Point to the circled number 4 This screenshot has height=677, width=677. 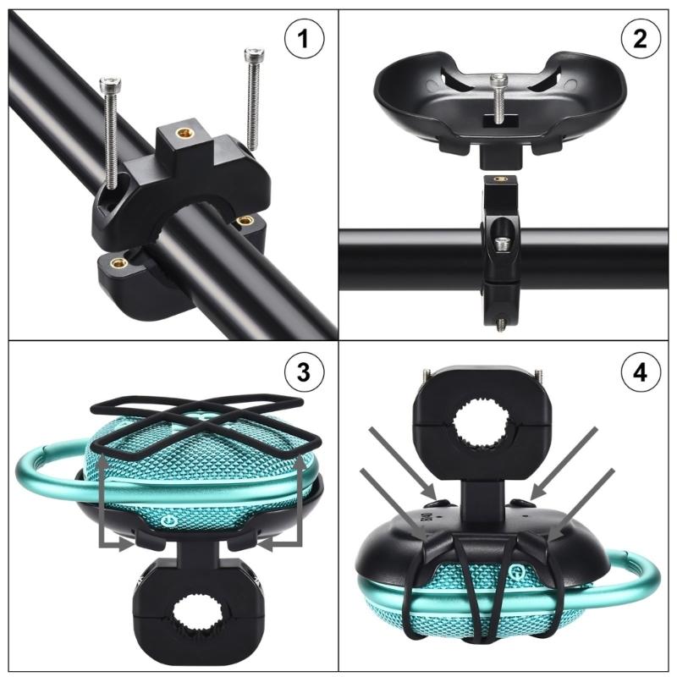tap(637, 373)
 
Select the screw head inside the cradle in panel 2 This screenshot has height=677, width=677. tap(499, 80)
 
